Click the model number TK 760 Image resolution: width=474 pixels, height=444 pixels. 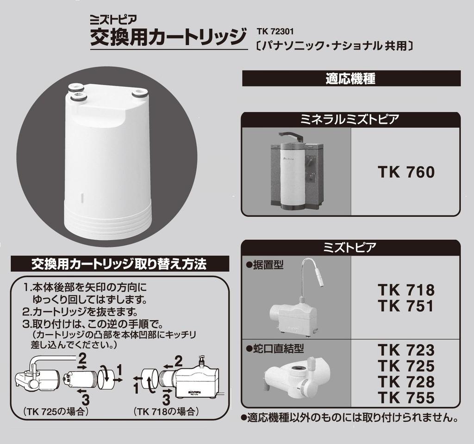click(406, 172)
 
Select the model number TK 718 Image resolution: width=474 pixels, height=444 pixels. click(406, 291)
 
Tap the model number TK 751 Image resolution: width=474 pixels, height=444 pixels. click(406, 306)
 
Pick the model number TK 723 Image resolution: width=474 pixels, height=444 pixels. click(406, 350)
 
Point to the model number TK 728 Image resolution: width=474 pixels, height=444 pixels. click(406, 382)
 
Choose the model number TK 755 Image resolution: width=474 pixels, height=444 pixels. click(406, 398)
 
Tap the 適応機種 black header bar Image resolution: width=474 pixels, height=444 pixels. click(351, 78)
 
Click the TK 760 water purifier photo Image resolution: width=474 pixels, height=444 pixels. click(296, 171)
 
